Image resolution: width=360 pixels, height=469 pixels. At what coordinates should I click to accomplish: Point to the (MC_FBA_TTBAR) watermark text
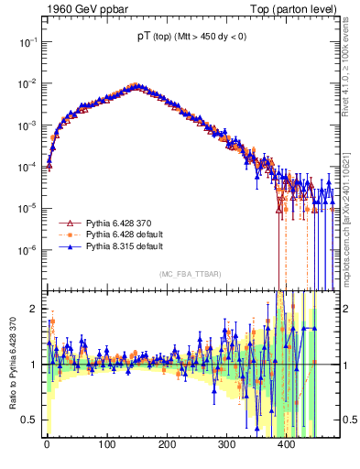(189, 275)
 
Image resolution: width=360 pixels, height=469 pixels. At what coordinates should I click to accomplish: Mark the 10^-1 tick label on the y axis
(26, 42)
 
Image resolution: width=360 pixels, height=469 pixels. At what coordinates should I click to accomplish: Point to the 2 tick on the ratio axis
(33, 309)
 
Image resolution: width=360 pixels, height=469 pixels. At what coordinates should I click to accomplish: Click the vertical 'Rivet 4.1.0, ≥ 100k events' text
(352, 73)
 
